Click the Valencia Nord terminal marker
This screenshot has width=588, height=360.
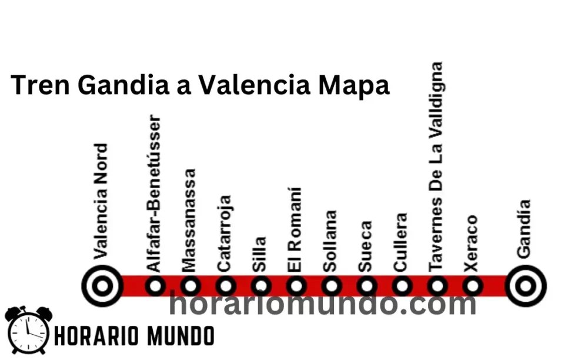[103, 286]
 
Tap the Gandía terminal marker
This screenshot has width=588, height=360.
[525, 286]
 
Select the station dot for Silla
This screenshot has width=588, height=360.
[261, 286]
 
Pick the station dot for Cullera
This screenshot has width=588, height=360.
[402, 286]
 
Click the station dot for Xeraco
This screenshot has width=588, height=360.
[473, 286]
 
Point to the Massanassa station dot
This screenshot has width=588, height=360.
[191, 286]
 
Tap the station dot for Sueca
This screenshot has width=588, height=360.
[367, 286]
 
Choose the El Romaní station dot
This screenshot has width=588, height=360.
[296, 286]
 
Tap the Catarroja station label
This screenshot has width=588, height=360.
[224, 233]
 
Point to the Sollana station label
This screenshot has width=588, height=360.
[330, 241]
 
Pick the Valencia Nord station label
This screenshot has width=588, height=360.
[101, 201]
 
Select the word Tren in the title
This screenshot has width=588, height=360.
[41, 85]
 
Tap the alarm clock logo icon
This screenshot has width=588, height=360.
[27, 331]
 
